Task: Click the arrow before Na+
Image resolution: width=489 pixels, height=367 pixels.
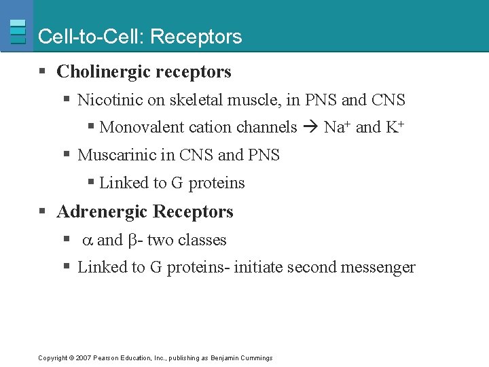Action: [x=311, y=128]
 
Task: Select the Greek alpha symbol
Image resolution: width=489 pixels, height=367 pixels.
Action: [x=88, y=241]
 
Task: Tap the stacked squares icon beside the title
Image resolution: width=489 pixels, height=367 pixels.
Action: [x=18, y=32]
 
